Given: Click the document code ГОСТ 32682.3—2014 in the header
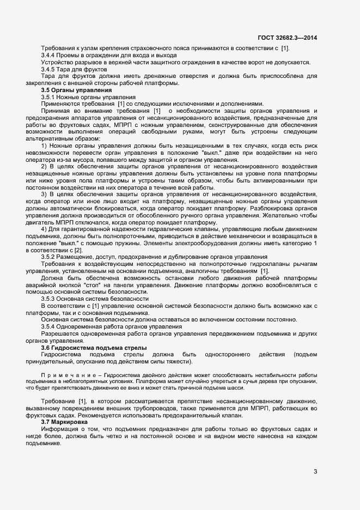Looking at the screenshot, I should coord(288,38).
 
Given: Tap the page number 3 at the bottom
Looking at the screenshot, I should coord(315,471).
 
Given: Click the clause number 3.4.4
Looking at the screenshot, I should coord(50,56).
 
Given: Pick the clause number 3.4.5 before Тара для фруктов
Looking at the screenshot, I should coord(50,69).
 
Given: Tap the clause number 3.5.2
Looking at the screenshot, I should coord(50,257).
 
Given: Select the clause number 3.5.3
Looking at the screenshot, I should coord(50,299).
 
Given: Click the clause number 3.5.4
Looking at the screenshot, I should coord(50,326).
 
